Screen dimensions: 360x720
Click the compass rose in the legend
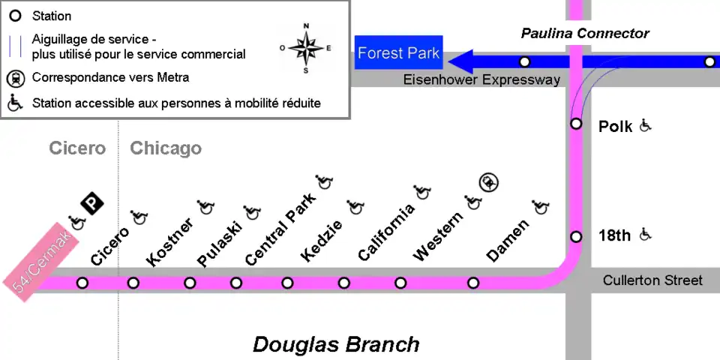tap(305, 48)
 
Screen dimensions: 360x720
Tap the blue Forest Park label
tap(398, 53)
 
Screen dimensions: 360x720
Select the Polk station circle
tap(576, 124)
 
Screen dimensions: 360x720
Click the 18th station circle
tap(576, 237)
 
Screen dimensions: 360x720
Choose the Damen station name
tap(508, 241)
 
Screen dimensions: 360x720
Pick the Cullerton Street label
tap(652, 280)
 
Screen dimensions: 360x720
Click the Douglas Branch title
tap(335, 344)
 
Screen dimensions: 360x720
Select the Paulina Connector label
tap(585, 34)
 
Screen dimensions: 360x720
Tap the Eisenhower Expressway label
tap(481, 79)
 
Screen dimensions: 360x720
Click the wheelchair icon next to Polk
tap(646, 126)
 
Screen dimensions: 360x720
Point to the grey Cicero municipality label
tap(77, 148)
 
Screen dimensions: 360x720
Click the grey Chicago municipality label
tap(166, 148)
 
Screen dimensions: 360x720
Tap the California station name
tap(386, 232)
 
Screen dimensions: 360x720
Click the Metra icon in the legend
tap(15, 77)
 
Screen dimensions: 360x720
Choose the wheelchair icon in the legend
tap(15, 102)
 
